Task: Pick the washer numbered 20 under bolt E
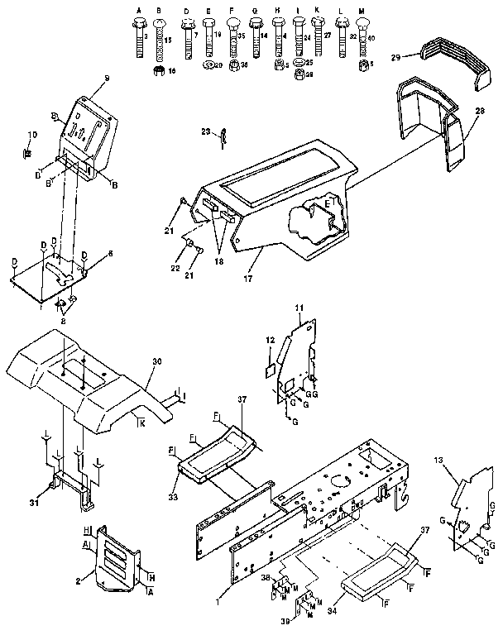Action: click(210, 65)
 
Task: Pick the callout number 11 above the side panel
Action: click(300, 308)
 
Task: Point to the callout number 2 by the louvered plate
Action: click(79, 582)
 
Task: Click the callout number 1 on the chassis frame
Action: click(219, 594)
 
